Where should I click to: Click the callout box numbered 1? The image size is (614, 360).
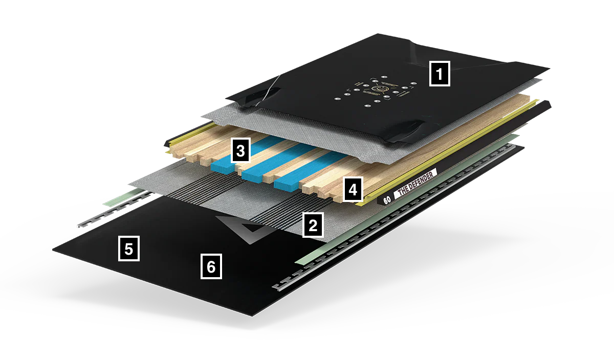tap(439, 74)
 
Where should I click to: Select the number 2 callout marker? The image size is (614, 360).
tap(313, 225)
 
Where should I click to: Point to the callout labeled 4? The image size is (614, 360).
tap(352, 189)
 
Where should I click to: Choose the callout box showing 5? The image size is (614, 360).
tap(128, 249)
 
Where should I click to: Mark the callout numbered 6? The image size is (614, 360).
tap(211, 266)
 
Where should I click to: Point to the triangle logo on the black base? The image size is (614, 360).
tap(245, 229)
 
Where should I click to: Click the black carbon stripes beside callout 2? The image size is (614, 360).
tap(276, 215)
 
